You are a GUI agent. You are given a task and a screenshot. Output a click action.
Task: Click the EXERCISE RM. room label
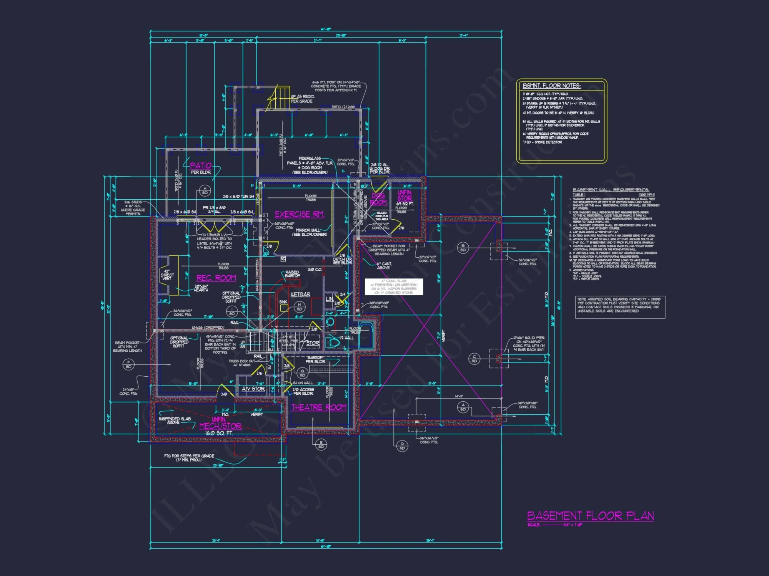click(300, 214)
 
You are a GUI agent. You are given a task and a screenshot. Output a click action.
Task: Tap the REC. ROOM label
click(216, 278)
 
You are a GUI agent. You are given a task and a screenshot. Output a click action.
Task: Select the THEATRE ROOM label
click(319, 407)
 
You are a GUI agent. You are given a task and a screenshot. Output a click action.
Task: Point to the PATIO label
click(201, 166)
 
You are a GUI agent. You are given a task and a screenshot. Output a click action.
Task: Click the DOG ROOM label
click(378, 199)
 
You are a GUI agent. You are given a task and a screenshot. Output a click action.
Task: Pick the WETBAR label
click(300, 295)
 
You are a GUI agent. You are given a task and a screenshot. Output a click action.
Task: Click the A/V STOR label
click(253, 389)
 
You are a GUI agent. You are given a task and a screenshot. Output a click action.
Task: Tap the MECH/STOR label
click(220, 426)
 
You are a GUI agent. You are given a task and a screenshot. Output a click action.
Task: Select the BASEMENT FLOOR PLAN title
click(590, 516)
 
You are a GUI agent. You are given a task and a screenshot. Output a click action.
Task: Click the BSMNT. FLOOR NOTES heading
click(551, 86)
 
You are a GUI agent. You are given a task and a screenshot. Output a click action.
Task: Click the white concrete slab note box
click(394, 287)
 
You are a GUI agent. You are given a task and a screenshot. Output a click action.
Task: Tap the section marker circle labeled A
click(463, 407)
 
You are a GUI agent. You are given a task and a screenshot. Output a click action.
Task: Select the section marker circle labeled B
click(463, 248)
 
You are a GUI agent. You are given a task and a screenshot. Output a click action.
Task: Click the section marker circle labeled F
click(128, 364)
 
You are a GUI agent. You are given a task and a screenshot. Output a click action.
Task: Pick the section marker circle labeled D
click(402, 446)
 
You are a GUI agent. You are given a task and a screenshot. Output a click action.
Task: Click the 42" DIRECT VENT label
click(167, 275)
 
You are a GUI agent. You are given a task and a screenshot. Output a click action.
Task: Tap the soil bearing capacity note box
click(620, 307)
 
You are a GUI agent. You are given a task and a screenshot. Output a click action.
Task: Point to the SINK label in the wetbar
click(283, 302)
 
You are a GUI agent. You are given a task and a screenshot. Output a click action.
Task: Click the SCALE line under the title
click(555, 525)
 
